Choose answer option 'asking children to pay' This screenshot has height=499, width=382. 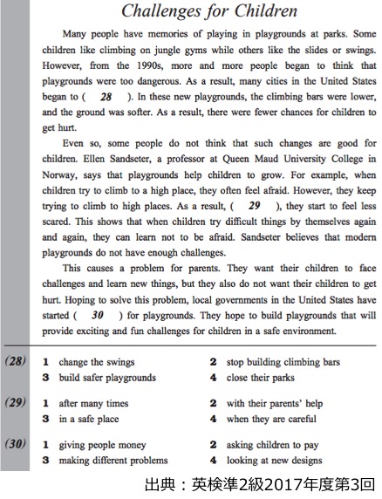point(271,446)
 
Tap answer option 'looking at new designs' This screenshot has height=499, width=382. point(274,461)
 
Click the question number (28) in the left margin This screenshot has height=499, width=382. point(14,362)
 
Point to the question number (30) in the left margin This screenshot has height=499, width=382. point(14,446)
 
